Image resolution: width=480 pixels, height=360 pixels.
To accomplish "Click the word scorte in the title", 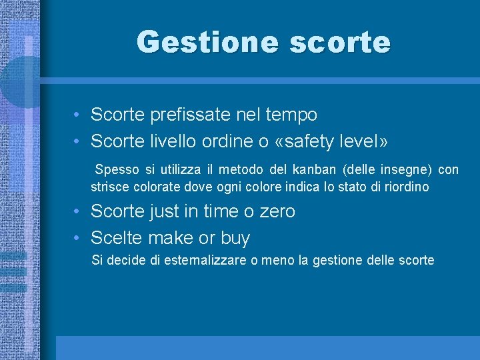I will pyautogui.click(x=340, y=42).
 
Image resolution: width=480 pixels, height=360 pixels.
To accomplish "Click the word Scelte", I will pyautogui.click(x=117, y=238).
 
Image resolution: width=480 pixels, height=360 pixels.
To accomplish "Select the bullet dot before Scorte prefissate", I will pyautogui.click(x=78, y=115).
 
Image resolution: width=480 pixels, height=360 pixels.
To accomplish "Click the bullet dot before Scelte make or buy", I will pyautogui.click(x=78, y=238).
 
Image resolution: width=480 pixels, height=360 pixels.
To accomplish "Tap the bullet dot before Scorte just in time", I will pyautogui.click(x=78, y=211).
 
